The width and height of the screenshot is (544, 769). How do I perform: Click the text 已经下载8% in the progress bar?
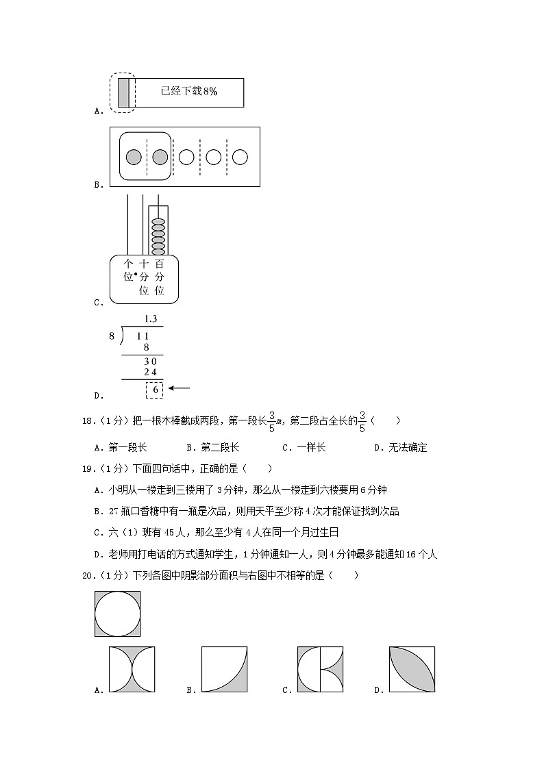click(x=188, y=92)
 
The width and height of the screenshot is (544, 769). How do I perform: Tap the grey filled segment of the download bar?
click(x=123, y=92)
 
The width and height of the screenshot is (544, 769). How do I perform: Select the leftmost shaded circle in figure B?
click(x=134, y=157)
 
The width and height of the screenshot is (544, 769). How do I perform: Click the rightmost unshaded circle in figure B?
click(x=240, y=157)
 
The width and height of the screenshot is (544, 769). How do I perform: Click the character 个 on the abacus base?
click(x=127, y=264)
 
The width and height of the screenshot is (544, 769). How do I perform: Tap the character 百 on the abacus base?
click(x=160, y=264)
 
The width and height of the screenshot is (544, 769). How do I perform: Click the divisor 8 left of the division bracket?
click(x=112, y=336)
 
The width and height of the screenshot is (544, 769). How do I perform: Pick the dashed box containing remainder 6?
click(x=155, y=390)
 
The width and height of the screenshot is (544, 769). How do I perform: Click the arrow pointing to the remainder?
click(x=180, y=388)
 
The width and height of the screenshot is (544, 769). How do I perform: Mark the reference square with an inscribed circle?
click(x=118, y=614)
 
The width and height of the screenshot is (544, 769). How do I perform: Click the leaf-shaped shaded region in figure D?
click(x=412, y=669)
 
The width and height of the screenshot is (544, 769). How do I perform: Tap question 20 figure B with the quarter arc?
click(x=224, y=669)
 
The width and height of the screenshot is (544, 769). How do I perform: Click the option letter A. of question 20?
click(x=99, y=690)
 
